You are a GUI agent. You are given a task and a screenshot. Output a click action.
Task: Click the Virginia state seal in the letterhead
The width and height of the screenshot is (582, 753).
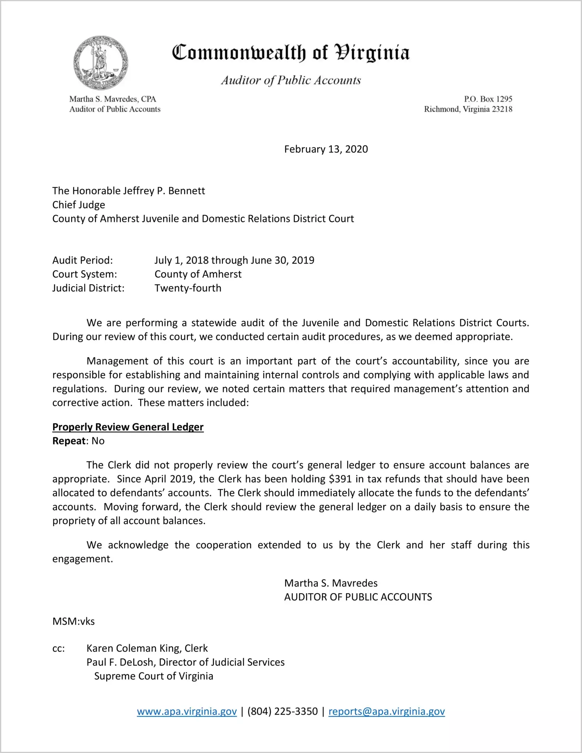click(101, 63)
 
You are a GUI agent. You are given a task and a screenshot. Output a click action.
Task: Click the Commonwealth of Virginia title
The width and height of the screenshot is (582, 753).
click(291, 53)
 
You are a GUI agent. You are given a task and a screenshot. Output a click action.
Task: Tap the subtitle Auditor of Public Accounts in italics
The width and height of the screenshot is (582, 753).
click(291, 80)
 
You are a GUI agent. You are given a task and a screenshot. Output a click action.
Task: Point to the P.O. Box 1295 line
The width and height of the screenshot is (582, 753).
click(488, 99)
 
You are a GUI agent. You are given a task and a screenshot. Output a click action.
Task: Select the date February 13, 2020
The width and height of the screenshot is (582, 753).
click(326, 149)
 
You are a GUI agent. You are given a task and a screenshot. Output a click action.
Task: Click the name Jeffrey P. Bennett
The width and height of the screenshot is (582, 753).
click(164, 191)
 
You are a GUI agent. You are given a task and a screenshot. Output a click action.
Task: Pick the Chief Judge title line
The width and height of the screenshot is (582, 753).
click(79, 205)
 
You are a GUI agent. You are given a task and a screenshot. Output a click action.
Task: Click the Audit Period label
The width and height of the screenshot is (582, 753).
click(83, 260)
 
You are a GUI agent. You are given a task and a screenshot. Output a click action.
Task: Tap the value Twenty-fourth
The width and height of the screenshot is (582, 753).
click(188, 288)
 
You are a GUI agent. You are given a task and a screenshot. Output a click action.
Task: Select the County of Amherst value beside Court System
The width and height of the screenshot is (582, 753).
click(198, 274)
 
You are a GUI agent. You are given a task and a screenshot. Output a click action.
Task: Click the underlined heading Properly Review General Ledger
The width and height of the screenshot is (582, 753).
click(128, 427)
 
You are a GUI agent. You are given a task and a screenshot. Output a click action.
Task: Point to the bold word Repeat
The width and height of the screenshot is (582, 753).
click(69, 441)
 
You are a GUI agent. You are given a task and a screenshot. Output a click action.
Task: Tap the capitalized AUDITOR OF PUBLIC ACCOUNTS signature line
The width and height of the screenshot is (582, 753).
click(358, 597)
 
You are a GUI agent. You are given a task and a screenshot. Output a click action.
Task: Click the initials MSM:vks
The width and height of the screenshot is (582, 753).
click(74, 621)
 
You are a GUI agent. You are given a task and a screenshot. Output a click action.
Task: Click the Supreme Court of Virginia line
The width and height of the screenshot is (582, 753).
click(153, 676)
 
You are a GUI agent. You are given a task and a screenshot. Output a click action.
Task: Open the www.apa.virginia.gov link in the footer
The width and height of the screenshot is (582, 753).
click(187, 712)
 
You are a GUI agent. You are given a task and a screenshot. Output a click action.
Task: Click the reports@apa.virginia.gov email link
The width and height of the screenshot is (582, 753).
click(386, 712)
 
